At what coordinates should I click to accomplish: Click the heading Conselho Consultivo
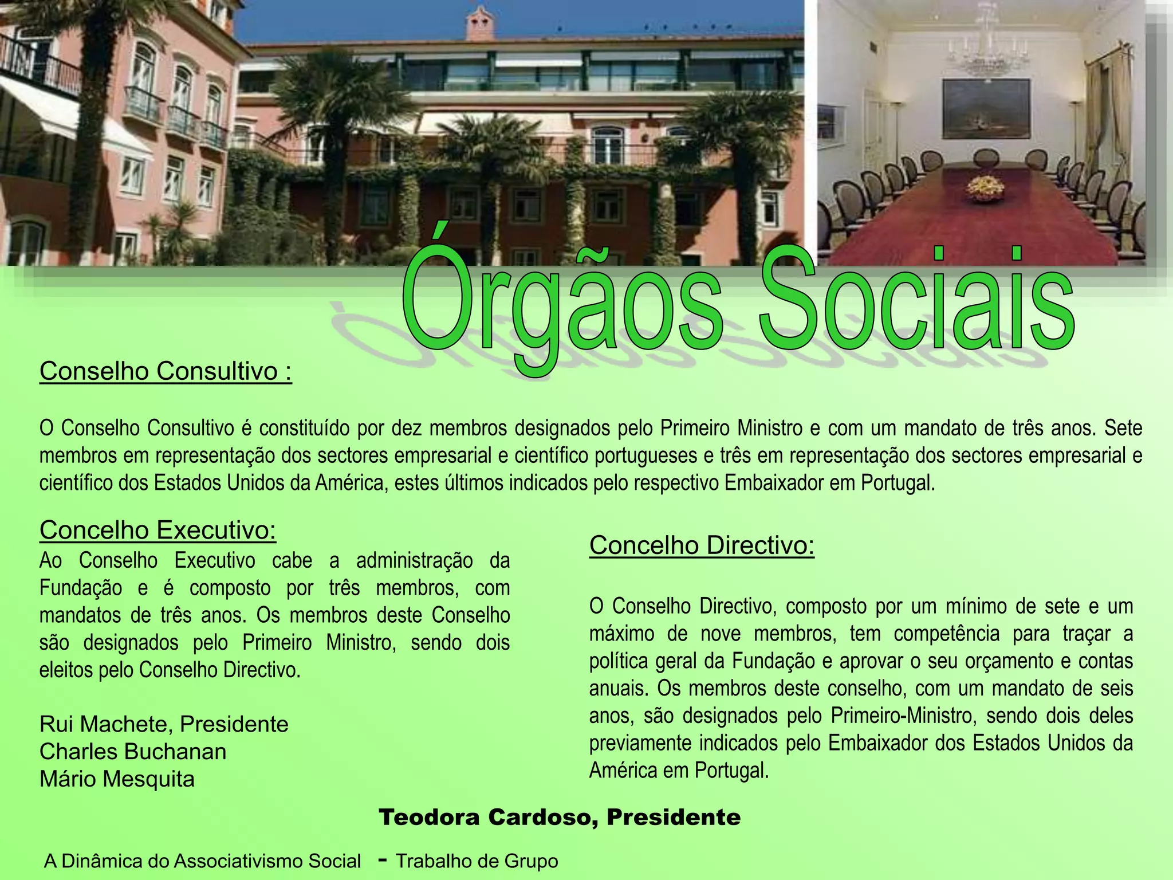166,371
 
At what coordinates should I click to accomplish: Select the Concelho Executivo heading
158,530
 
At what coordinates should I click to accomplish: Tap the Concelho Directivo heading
702,545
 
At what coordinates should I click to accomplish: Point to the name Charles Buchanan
133,752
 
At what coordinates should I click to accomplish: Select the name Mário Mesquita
117,779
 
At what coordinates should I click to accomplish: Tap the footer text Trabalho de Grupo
477,861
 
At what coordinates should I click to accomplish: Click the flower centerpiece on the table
985,187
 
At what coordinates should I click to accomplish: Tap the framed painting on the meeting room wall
986,109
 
